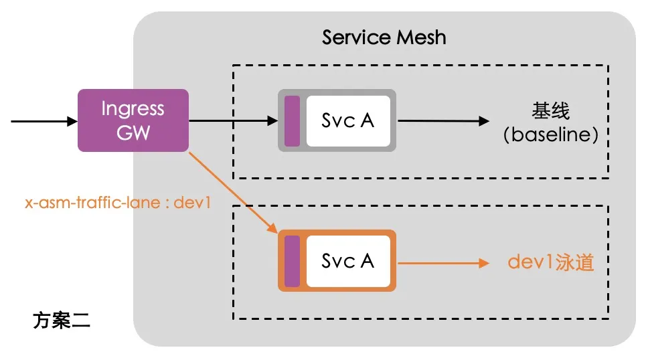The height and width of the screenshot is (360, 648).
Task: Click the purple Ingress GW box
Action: [x=133, y=121]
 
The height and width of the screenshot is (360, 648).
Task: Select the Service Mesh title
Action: [x=384, y=37]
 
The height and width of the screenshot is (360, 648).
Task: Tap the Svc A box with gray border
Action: [x=337, y=120]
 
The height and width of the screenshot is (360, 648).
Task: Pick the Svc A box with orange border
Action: [x=337, y=260]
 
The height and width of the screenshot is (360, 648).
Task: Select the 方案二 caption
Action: [x=61, y=321]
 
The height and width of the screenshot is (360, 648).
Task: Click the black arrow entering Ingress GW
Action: [x=44, y=121]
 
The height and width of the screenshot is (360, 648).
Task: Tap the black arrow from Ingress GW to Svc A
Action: [x=233, y=121]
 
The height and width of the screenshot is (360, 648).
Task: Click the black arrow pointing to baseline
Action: [x=442, y=121]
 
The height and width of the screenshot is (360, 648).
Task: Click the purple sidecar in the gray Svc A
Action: [x=292, y=120]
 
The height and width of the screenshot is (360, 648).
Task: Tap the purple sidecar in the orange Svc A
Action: [x=292, y=261]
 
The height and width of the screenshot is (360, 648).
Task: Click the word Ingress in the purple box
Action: [x=133, y=109]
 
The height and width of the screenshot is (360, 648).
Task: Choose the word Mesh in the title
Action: [x=420, y=37]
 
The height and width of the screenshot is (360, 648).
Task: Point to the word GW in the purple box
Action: [x=133, y=132]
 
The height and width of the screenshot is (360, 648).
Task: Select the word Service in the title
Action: [x=353, y=37]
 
